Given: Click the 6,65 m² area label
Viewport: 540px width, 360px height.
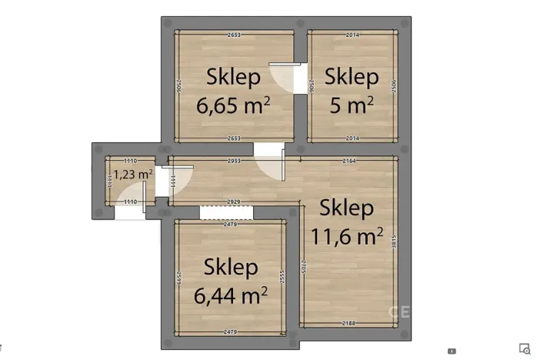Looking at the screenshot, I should [x=233, y=105].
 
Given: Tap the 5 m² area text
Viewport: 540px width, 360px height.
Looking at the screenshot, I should [x=352, y=105].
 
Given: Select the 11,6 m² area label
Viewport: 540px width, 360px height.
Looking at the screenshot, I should [x=346, y=236].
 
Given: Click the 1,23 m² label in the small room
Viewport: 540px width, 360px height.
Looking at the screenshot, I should [x=133, y=174].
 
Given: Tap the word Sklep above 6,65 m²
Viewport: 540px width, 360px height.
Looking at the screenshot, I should [x=234, y=77].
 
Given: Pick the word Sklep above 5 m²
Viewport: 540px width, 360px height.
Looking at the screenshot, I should [x=352, y=77].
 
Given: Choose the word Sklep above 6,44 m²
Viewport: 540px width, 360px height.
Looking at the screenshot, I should [x=231, y=267].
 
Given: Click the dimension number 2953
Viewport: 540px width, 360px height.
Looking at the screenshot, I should [x=234, y=161].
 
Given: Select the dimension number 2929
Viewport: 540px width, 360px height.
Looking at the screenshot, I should [x=234, y=201].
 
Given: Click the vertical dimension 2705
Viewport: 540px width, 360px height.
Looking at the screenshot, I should [x=304, y=266].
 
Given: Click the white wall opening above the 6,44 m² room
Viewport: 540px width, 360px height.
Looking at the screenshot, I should [x=221, y=212].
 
